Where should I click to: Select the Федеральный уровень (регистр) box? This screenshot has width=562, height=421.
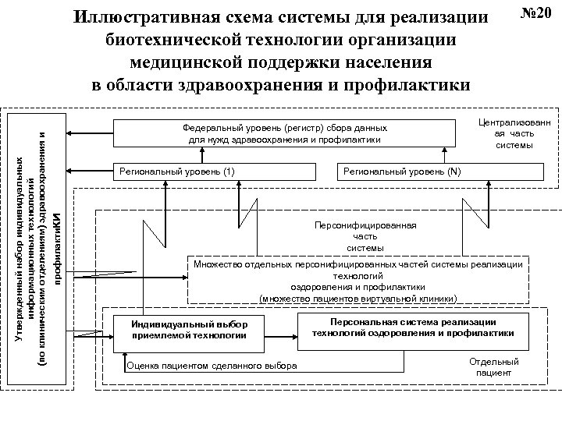[285, 133]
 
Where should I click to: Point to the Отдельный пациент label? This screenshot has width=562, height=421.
[493, 367]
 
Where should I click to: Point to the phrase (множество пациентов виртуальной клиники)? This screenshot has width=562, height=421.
[363, 298]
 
